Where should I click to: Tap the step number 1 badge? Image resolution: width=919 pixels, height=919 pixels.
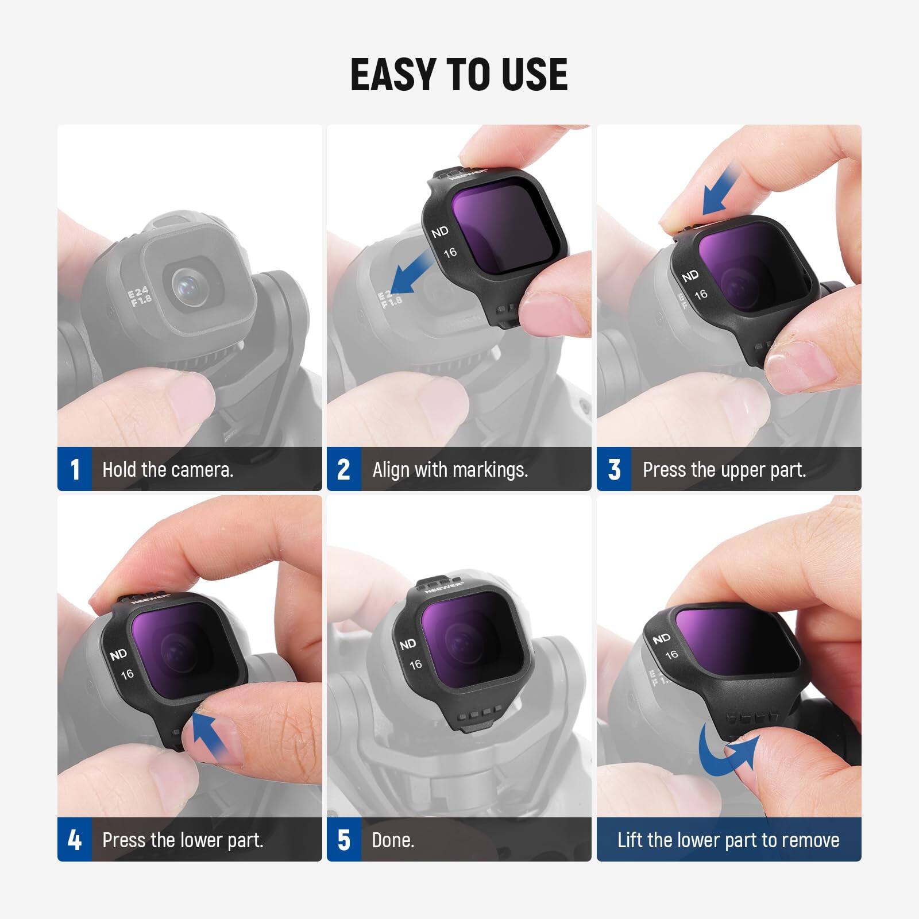coord(75,469)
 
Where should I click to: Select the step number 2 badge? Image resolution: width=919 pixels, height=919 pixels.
coord(343,469)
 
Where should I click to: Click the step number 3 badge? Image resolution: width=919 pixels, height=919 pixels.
coord(614,469)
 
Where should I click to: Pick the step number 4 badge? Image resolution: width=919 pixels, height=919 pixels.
coord(75,840)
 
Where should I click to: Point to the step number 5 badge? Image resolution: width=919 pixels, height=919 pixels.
coord(343,840)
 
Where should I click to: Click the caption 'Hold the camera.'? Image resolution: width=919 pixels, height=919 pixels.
coord(168,470)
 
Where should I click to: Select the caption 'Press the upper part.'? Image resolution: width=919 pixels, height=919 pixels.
coord(724,470)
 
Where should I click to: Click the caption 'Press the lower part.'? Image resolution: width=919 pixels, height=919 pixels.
coord(183,840)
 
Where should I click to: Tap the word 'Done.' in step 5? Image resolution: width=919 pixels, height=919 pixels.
coord(393,840)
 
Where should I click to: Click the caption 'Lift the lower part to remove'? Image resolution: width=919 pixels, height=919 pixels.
coord(728,840)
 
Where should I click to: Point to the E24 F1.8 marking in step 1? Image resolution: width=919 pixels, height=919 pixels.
coord(140,298)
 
